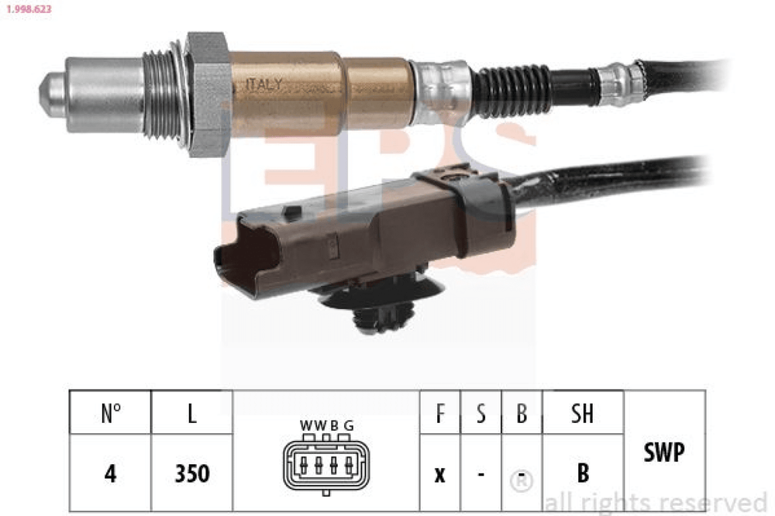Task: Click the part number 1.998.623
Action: (x=29, y=9)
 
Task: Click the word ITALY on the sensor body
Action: (x=264, y=84)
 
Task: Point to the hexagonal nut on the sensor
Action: (x=207, y=94)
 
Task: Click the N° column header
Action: (x=111, y=413)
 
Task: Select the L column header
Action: (x=192, y=413)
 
